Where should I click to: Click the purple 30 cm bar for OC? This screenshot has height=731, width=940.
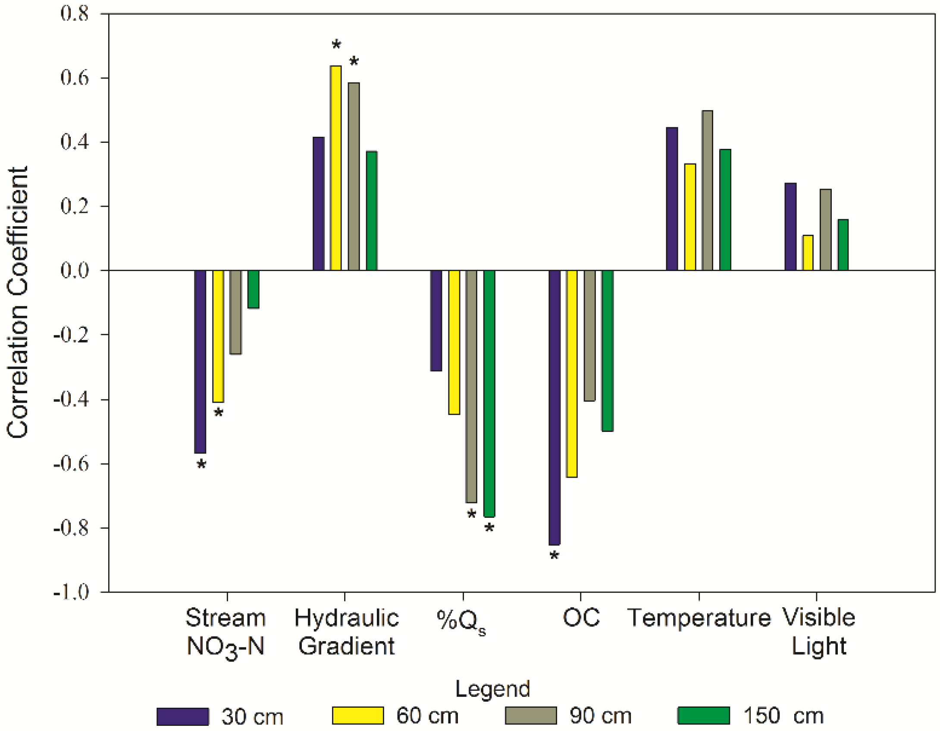click(x=554, y=407)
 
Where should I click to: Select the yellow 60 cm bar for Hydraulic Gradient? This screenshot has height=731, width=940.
click(x=335, y=168)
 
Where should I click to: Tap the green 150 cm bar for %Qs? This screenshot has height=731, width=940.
click(x=489, y=393)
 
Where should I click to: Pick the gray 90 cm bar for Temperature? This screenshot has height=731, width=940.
click(x=707, y=190)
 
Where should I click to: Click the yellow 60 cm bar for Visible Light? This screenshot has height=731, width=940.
click(x=808, y=253)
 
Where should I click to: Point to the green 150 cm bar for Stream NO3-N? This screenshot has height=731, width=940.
click(x=253, y=289)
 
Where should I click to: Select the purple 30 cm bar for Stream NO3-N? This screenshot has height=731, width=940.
click(x=200, y=361)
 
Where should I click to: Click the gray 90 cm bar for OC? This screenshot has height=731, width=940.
click(x=589, y=335)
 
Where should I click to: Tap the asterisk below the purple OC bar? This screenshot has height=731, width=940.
click(x=554, y=556)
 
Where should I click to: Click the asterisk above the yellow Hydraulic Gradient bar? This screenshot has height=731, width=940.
click(x=336, y=44)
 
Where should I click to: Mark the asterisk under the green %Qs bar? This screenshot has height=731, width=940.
click(x=489, y=528)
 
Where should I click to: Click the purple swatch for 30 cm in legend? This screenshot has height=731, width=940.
click(x=182, y=716)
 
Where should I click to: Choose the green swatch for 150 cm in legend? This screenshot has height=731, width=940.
click(x=703, y=715)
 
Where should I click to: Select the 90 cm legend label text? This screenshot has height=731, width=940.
click(x=600, y=716)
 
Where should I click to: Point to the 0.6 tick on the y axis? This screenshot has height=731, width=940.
click(x=74, y=78)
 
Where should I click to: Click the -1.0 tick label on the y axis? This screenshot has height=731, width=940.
click(x=71, y=592)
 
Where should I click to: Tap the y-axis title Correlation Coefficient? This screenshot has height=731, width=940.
click(x=17, y=302)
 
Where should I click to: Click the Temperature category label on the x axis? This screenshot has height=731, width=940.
click(x=699, y=618)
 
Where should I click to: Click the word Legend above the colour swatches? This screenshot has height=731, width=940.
click(x=492, y=689)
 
